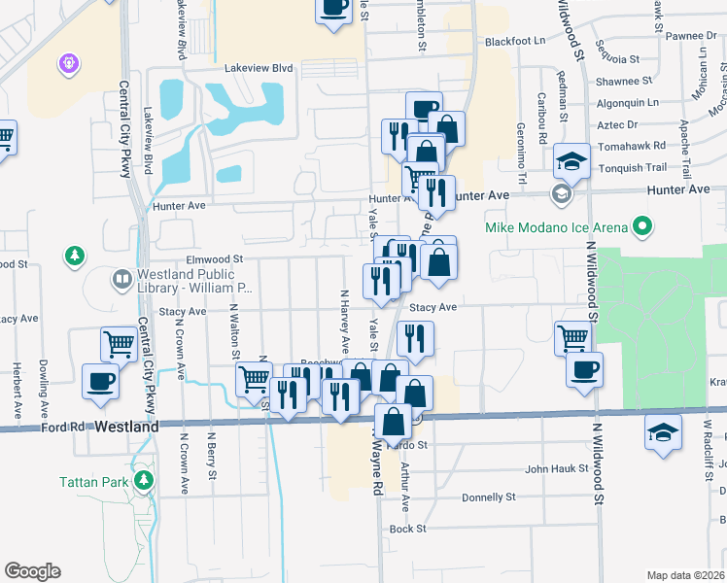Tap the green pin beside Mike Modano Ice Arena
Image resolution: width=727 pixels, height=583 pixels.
[x=641, y=228]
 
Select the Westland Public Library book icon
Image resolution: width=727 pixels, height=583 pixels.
[x=122, y=281]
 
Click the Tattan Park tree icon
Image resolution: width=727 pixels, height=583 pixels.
[x=144, y=479]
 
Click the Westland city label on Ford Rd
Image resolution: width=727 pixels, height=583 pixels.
[x=126, y=427]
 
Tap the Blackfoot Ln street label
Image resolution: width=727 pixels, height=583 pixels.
[x=516, y=42]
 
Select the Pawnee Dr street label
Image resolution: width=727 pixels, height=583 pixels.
[x=691, y=36]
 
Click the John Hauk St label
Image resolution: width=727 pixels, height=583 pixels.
[x=556, y=468]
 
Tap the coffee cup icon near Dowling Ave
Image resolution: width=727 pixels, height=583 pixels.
[x=101, y=381]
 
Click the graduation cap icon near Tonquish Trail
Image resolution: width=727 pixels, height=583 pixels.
[x=571, y=160]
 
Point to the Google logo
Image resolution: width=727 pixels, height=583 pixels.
[x=32, y=571]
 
